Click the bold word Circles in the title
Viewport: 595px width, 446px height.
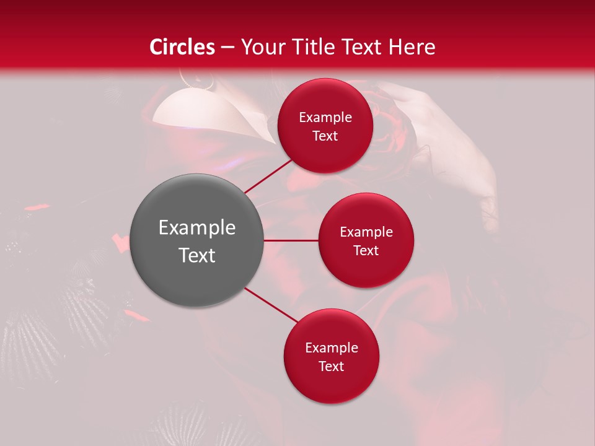click(x=182, y=47)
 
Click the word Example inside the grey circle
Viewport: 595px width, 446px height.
click(x=197, y=228)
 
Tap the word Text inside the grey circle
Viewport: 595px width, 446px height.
click(x=197, y=255)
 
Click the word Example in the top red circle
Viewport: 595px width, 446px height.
click(x=325, y=118)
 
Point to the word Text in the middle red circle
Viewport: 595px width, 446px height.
click(x=366, y=251)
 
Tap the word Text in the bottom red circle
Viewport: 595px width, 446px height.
click(x=331, y=367)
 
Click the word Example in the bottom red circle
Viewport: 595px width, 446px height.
click(x=331, y=348)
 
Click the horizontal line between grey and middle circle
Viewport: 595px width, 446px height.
click(x=291, y=240)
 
